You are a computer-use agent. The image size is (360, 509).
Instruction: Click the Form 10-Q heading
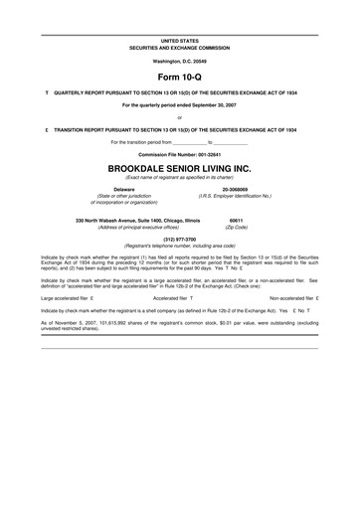click(x=179, y=76)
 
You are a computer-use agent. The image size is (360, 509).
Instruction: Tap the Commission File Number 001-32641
click(x=179, y=155)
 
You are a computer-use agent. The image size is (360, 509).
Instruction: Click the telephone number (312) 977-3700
click(x=179, y=239)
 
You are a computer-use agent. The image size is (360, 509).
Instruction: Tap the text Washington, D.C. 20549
click(x=179, y=61)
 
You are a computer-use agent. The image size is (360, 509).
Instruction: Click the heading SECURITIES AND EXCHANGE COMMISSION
click(x=179, y=47)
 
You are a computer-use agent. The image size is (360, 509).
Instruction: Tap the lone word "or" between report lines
click(x=179, y=117)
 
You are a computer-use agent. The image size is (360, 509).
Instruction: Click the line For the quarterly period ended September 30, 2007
click(x=179, y=103)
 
